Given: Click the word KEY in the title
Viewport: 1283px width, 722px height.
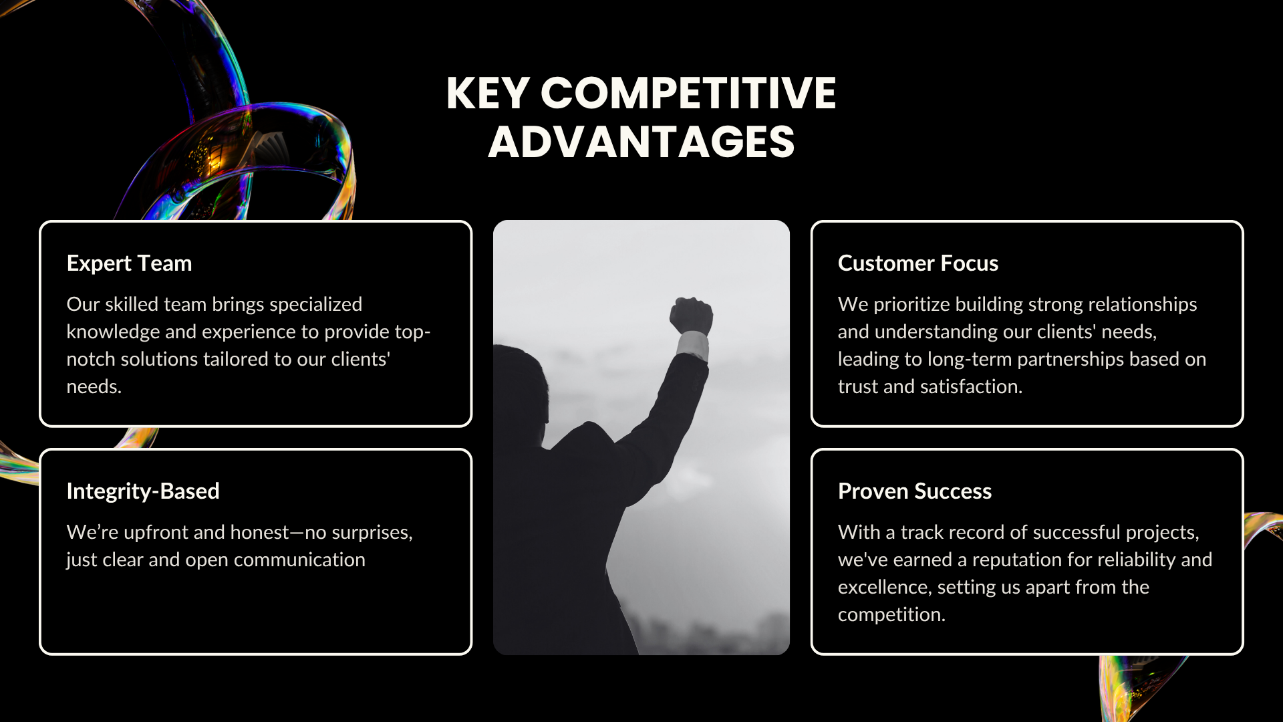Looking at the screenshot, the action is [x=488, y=93].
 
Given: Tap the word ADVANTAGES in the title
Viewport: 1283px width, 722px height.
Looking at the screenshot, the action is [x=641, y=142].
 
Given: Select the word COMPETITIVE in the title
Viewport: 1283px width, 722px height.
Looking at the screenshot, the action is [x=688, y=93].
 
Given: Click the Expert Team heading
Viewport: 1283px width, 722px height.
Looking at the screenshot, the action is [x=129, y=263].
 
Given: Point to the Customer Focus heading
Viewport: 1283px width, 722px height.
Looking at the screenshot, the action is [x=918, y=263].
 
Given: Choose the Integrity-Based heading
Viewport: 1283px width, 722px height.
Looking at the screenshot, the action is [x=143, y=491].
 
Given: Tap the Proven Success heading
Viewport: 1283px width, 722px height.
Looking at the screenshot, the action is [x=915, y=491].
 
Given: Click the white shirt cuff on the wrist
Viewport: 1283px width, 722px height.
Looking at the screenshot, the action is [x=693, y=346].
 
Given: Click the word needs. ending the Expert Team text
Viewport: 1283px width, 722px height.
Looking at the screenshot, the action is [x=94, y=387].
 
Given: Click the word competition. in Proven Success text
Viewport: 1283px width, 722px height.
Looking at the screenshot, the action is [x=891, y=615].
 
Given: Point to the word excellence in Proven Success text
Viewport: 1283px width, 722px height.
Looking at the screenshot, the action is [x=883, y=588].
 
